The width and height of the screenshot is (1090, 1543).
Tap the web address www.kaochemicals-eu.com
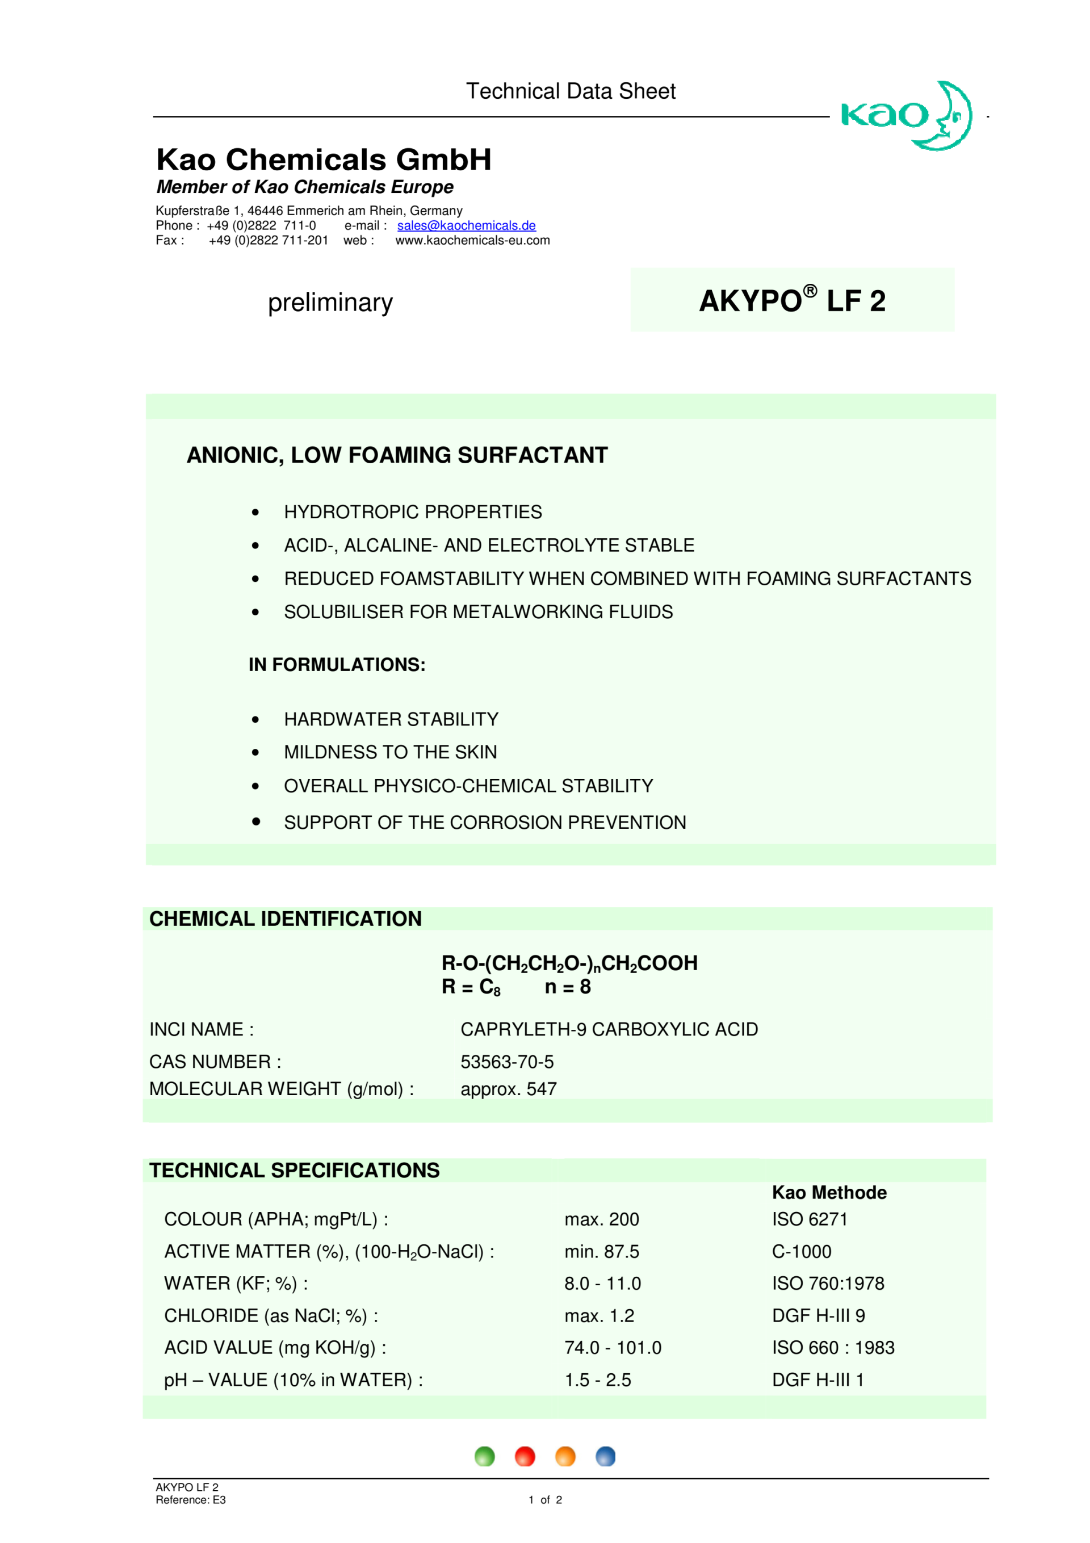[x=472, y=241]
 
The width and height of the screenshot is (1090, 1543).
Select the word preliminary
[x=330, y=303]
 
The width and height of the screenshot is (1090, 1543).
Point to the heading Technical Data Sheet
[x=571, y=91]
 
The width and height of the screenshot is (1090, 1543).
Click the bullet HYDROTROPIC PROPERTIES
[x=412, y=512]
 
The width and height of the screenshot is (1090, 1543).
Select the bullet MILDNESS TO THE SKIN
[x=390, y=752]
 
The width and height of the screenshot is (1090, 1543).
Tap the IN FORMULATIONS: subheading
[x=337, y=665]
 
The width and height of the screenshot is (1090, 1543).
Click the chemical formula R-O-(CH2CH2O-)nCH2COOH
[x=569, y=964]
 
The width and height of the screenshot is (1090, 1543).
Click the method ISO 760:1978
[x=827, y=1284]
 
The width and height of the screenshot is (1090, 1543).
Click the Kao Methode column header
[x=829, y=1193]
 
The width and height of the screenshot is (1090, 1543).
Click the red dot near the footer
[x=524, y=1456]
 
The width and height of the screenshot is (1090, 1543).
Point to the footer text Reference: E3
[x=190, y=1500]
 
